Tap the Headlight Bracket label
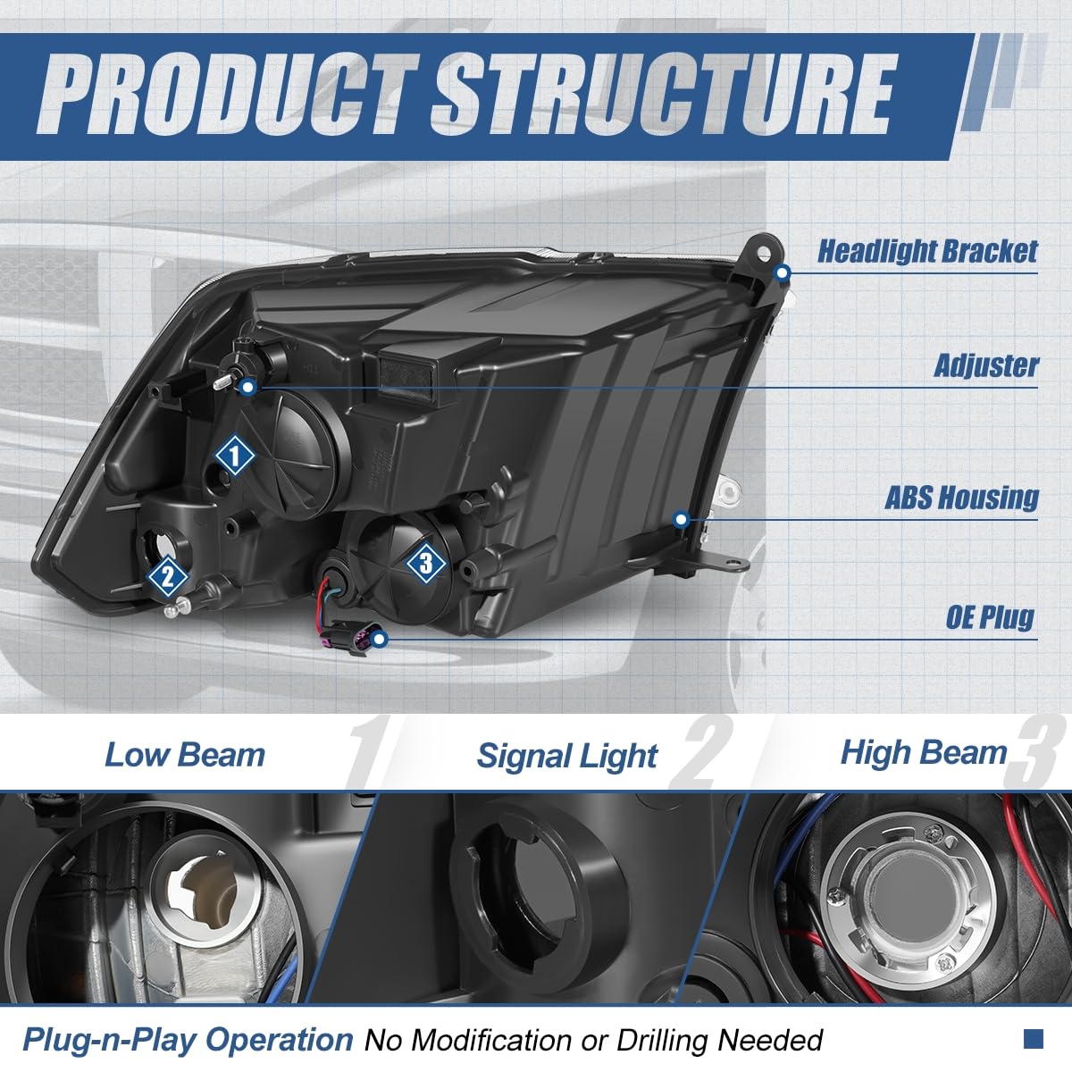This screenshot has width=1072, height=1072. pos(927,251)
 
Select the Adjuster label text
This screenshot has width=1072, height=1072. pos(986,365)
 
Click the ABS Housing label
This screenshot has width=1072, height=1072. pos(961,498)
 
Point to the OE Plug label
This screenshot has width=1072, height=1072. pos(990,616)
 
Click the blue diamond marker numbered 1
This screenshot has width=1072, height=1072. pos(235,456)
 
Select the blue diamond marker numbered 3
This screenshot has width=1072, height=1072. pos(425,563)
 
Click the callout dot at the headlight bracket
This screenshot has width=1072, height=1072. pos(783,272)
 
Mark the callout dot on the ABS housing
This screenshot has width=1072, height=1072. pos(682,519)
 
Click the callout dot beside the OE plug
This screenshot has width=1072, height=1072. pos(381,639)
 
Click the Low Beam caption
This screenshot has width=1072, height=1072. pos(185,755)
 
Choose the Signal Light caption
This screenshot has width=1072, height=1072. pos(567,757)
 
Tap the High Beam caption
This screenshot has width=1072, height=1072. pos(924,753)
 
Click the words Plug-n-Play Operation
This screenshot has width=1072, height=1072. pos(188,1040)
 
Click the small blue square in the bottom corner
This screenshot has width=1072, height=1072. pos(1034,1039)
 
